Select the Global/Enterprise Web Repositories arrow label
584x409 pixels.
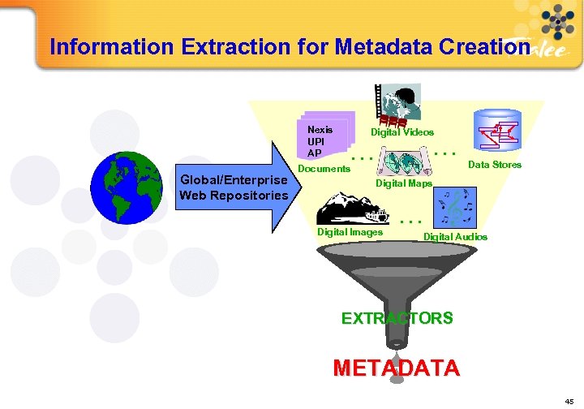[x=234, y=187]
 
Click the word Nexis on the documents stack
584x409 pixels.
[x=320, y=129]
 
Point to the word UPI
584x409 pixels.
[x=316, y=141]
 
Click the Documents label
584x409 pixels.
[x=324, y=169]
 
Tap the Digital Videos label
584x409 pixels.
[x=402, y=131]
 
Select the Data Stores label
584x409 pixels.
[x=495, y=165]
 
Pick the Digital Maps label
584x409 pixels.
[x=403, y=183]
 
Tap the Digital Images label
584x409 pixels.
[x=350, y=232]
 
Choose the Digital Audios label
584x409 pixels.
[x=455, y=236]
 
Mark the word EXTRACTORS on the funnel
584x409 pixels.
[x=397, y=318]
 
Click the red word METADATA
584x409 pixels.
[x=396, y=368]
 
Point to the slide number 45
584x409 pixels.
[x=570, y=400]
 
